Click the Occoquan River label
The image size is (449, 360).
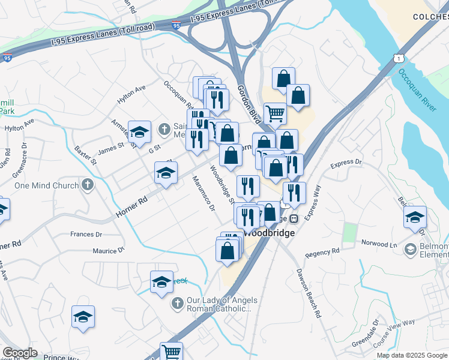tap(418, 90)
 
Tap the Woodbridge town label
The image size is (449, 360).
tap(269, 232)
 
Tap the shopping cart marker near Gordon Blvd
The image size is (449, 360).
tap(275, 113)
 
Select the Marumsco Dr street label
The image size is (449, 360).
tap(203, 194)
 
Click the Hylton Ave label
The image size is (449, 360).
tap(131, 95)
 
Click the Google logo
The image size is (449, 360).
tap(20, 352)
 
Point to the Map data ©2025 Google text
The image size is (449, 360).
tap(411, 355)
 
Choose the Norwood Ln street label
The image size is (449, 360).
tap(379, 244)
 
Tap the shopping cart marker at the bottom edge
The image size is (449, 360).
tap(172, 351)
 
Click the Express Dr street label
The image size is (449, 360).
tap(346, 163)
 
